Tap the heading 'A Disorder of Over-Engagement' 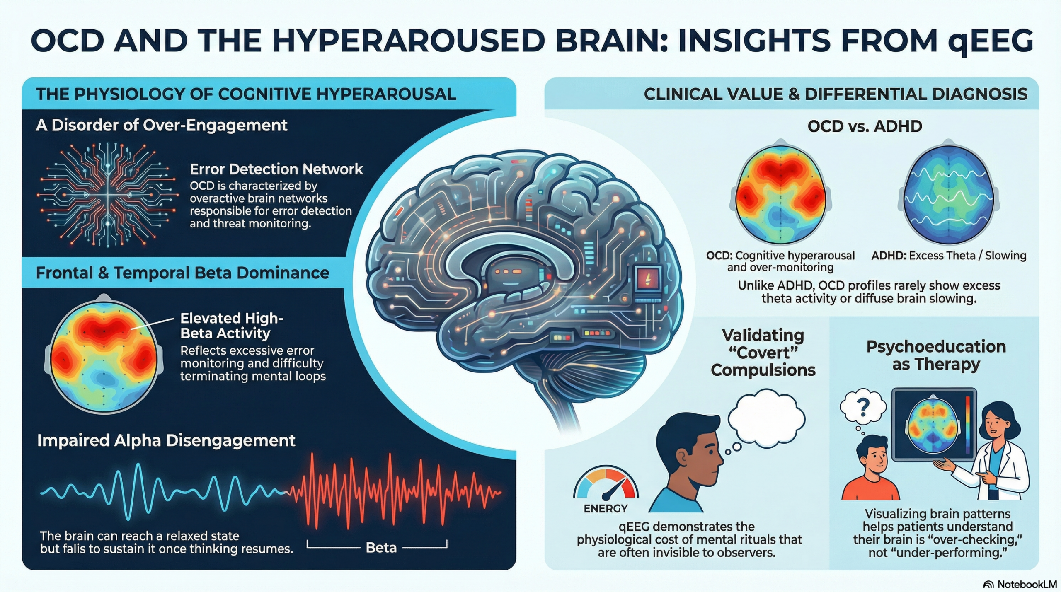(162, 125)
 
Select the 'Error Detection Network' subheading (276, 169)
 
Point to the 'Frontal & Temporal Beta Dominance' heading (183, 273)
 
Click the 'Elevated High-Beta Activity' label (232, 326)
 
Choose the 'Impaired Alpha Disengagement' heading (166, 440)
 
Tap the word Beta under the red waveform (381, 548)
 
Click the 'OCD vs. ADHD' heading (865, 126)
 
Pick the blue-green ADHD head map (948, 192)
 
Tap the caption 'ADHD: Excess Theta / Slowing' (949, 256)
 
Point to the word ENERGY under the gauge (606, 508)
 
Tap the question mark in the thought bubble (863, 407)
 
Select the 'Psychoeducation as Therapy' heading (936, 355)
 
